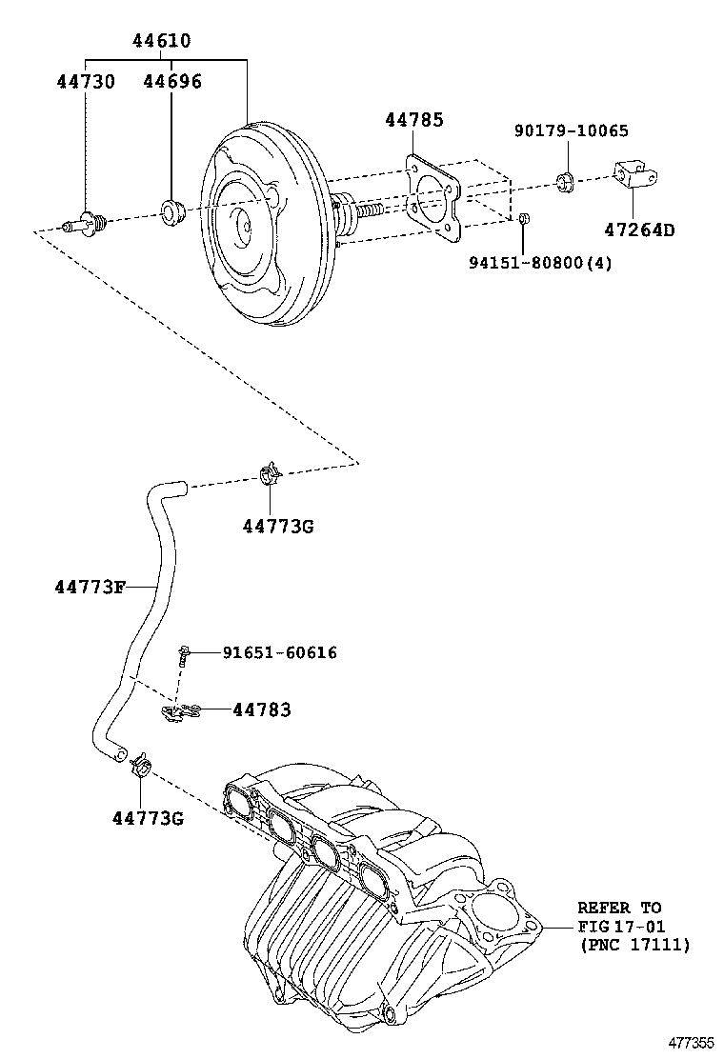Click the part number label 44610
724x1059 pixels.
click(x=161, y=41)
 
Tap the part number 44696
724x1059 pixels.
click(x=172, y=82)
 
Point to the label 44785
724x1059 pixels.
click(x=414, y=120)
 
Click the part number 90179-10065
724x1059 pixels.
click(x=572, y=131)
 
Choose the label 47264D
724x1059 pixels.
click(x=638, y=230)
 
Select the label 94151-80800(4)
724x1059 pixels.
click(x=541, y=262)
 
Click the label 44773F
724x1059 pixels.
click(x=90, y=587)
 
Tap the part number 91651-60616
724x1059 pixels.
click(x=279, y=652)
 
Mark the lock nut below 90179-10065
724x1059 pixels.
click(x=564, y=180)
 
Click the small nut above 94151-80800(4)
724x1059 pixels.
click(x=525, y=220)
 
